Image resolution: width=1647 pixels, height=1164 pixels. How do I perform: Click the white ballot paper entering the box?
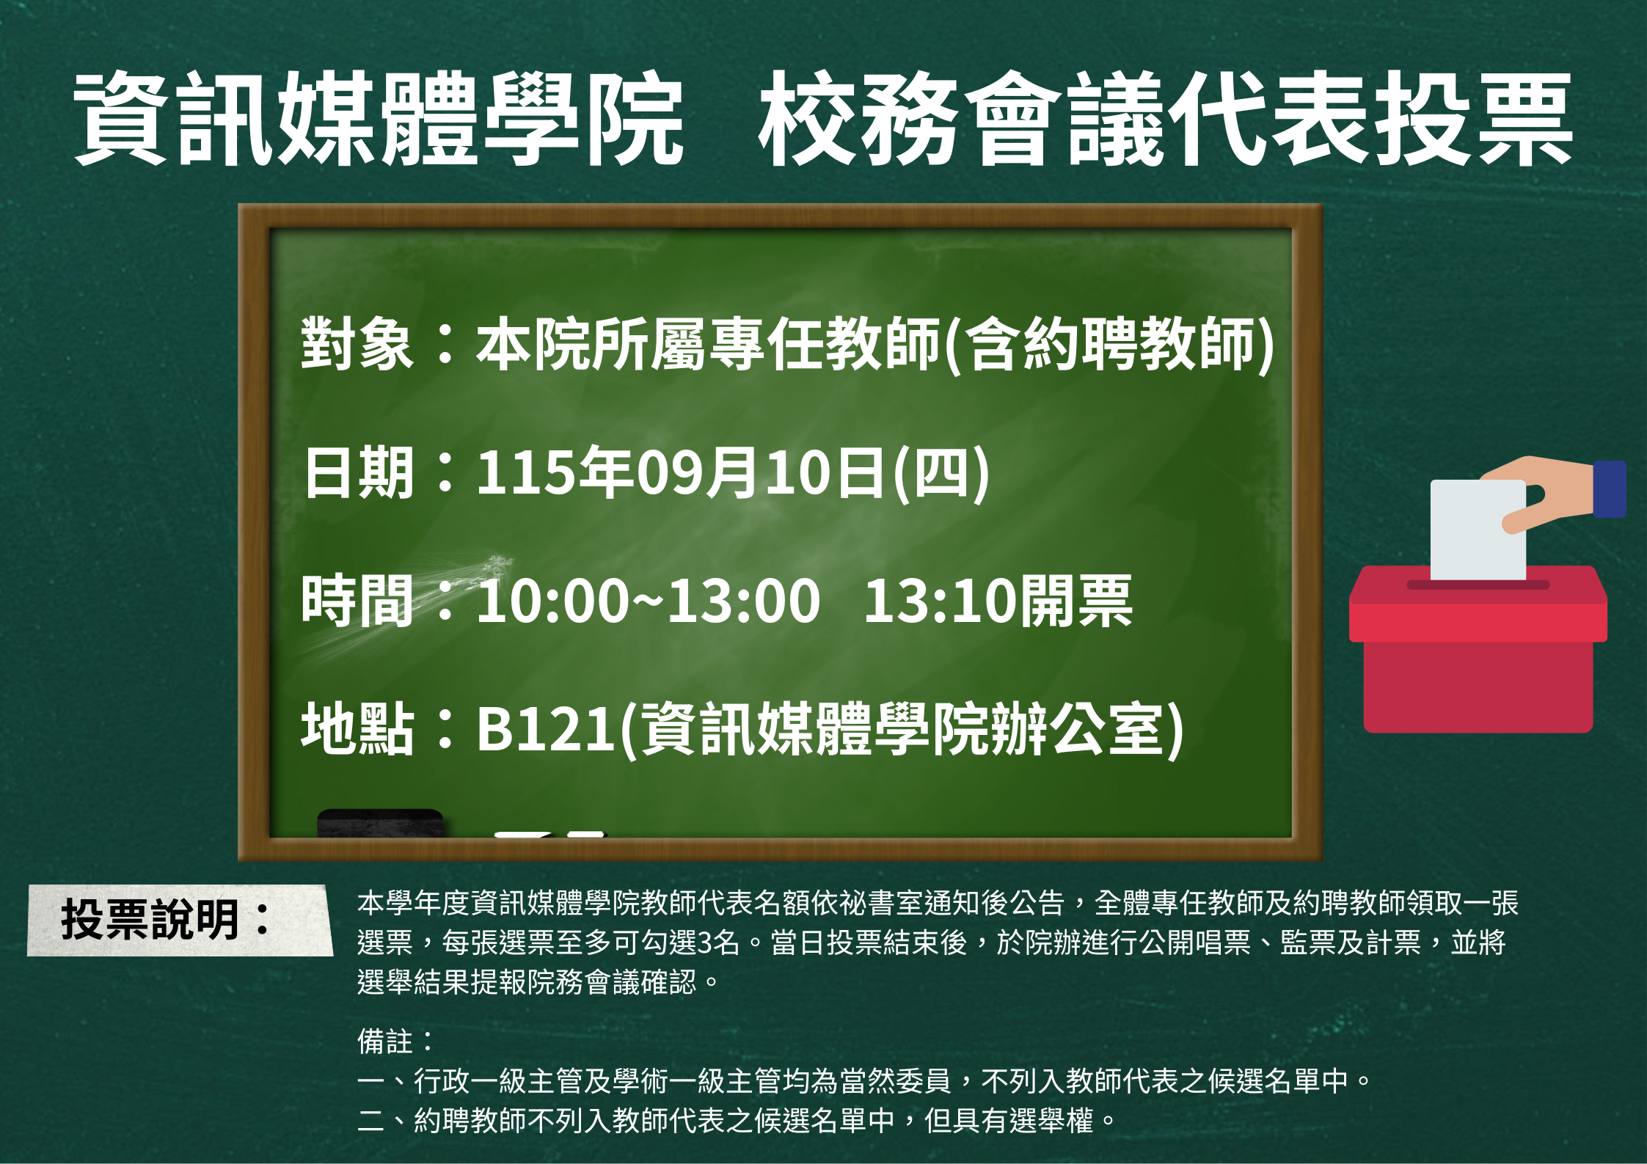tap(1478, 530)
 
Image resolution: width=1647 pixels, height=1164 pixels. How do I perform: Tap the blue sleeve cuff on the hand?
tap(1610, 489)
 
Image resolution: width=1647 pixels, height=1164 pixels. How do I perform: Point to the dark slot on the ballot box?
tap(1478, 585)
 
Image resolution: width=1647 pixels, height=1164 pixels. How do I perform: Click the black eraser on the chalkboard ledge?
tap(380, 823)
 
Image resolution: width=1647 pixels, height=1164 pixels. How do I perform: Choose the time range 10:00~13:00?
tap(649, 601)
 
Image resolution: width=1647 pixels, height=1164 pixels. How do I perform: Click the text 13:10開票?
tap(998, 601)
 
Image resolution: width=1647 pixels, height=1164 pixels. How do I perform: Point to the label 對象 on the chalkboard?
tap(357, 343)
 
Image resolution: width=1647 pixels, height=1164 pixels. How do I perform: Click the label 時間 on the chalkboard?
tap(357, 601)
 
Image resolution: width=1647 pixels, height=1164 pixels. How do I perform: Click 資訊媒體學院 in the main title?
tap(379, 119)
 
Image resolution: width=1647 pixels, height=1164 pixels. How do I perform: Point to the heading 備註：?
tap(396, 1041)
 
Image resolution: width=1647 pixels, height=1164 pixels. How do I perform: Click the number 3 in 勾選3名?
tap(704, 942)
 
